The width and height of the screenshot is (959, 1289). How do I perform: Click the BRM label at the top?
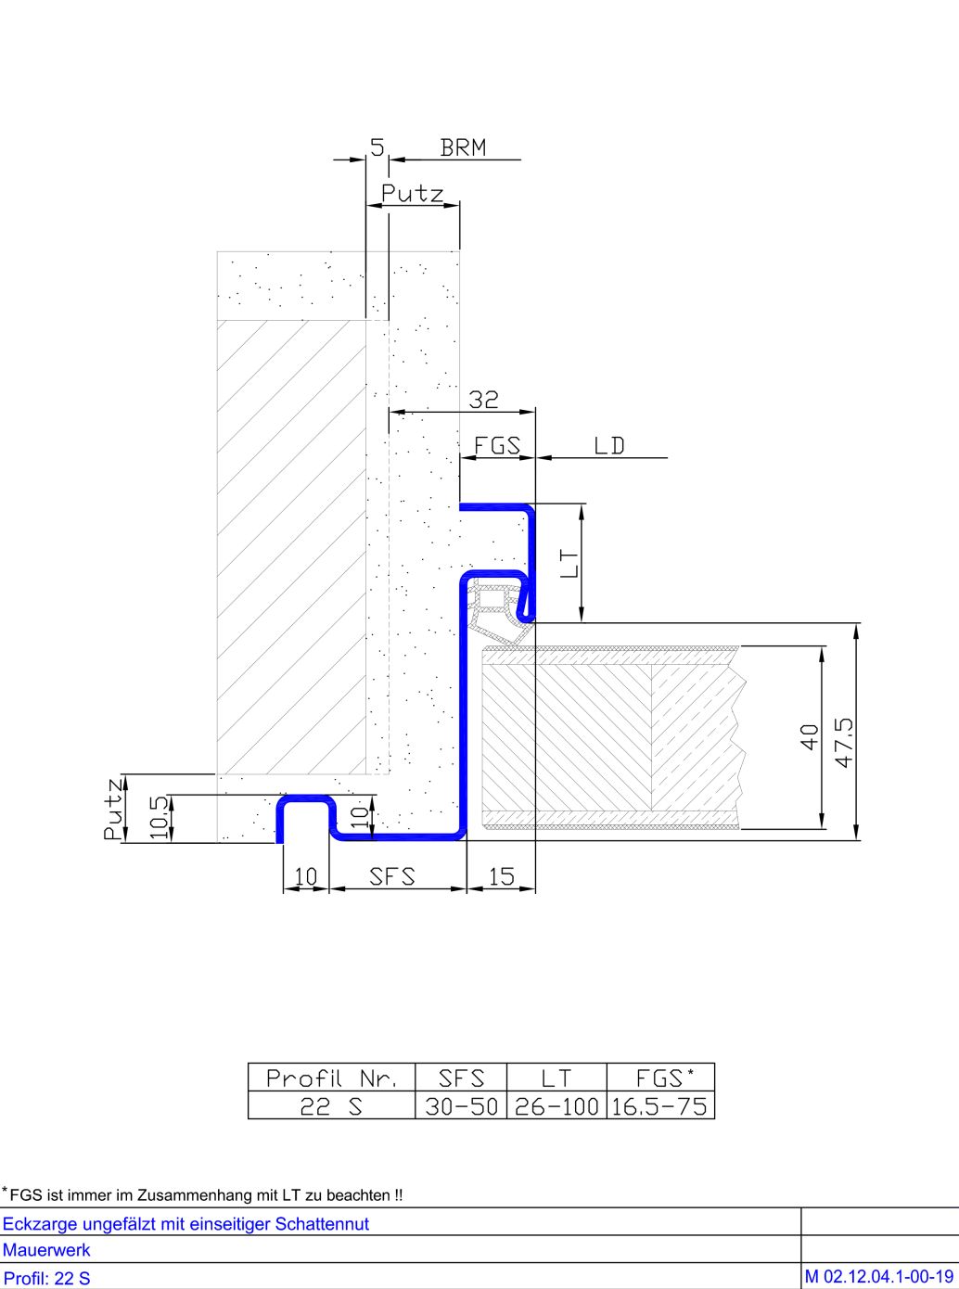coord(463,148)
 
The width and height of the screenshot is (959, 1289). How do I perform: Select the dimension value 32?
coord(483,400)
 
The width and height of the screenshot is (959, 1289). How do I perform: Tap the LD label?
coord(609,446)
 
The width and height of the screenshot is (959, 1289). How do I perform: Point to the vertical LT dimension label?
coord(571,563)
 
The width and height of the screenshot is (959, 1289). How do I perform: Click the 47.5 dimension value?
coord(845,742)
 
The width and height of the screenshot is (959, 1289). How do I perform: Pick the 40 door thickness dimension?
coord(810,737)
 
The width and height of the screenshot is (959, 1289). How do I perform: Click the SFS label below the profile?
coord(392,876)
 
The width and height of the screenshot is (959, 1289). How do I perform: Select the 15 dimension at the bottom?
coord(502,876)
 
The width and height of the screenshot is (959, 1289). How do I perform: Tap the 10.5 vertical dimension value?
coord(160,818)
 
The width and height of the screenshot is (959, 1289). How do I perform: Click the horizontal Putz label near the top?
coord(413,193)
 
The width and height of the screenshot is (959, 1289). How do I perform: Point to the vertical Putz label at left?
coord(113,809)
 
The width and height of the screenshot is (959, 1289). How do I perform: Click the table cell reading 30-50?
coord(462,1106)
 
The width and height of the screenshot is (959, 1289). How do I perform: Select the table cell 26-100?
coord(556,1106)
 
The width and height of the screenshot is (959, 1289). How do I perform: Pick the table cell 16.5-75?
coord(659,1106)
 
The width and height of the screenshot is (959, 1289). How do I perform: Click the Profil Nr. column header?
coord(332,1078)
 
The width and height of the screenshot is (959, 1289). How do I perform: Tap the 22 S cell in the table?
coord(331,1106)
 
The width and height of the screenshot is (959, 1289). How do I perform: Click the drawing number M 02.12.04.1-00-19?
coord(879,1277)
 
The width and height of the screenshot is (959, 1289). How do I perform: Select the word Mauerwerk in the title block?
coord(46,1250)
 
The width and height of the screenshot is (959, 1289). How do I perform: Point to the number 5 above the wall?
coord(377,147)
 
